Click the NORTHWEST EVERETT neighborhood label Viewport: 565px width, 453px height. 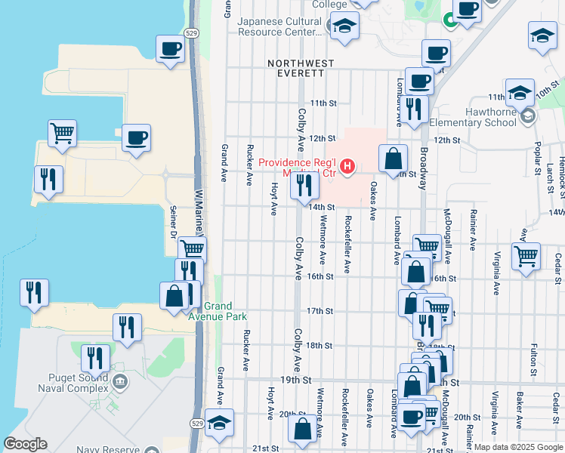[x=296, y=68]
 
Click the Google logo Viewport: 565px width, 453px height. [x=25, y=444]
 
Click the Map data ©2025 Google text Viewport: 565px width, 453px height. [x=518, y=447]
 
